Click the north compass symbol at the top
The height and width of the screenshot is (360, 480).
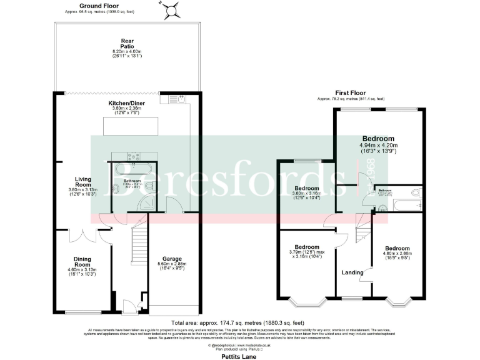tap(171, 9)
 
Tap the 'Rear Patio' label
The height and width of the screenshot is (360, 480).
tap(127, 44)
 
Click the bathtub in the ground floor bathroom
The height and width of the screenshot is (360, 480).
tap(127, 171)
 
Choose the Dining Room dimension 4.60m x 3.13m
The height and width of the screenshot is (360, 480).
tap(82, 269)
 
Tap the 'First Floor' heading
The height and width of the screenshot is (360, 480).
tap(350, 92)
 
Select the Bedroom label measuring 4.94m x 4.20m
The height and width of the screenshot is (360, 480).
tap(378, 138)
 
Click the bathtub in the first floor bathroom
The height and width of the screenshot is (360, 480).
tap(406, 203)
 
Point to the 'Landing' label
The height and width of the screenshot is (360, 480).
tap(352, 272)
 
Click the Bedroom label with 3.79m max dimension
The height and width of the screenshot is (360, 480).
tap(307, 247)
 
